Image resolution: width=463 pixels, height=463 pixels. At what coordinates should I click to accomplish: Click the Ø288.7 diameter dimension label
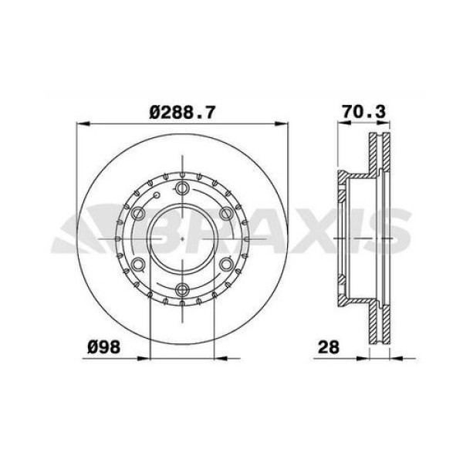point(182,112)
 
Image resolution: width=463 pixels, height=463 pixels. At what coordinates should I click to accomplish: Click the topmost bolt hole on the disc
point(182,190)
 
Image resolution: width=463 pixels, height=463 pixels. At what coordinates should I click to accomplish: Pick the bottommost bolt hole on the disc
point(182,290)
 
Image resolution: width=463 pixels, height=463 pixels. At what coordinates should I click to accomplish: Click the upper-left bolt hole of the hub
point(139,215)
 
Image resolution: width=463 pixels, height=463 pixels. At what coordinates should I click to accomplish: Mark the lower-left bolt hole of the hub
point(139,265)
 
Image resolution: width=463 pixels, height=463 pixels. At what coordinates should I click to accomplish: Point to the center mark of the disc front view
point(182,239)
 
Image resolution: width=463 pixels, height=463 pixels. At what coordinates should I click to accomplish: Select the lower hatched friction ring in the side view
point(376,320)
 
